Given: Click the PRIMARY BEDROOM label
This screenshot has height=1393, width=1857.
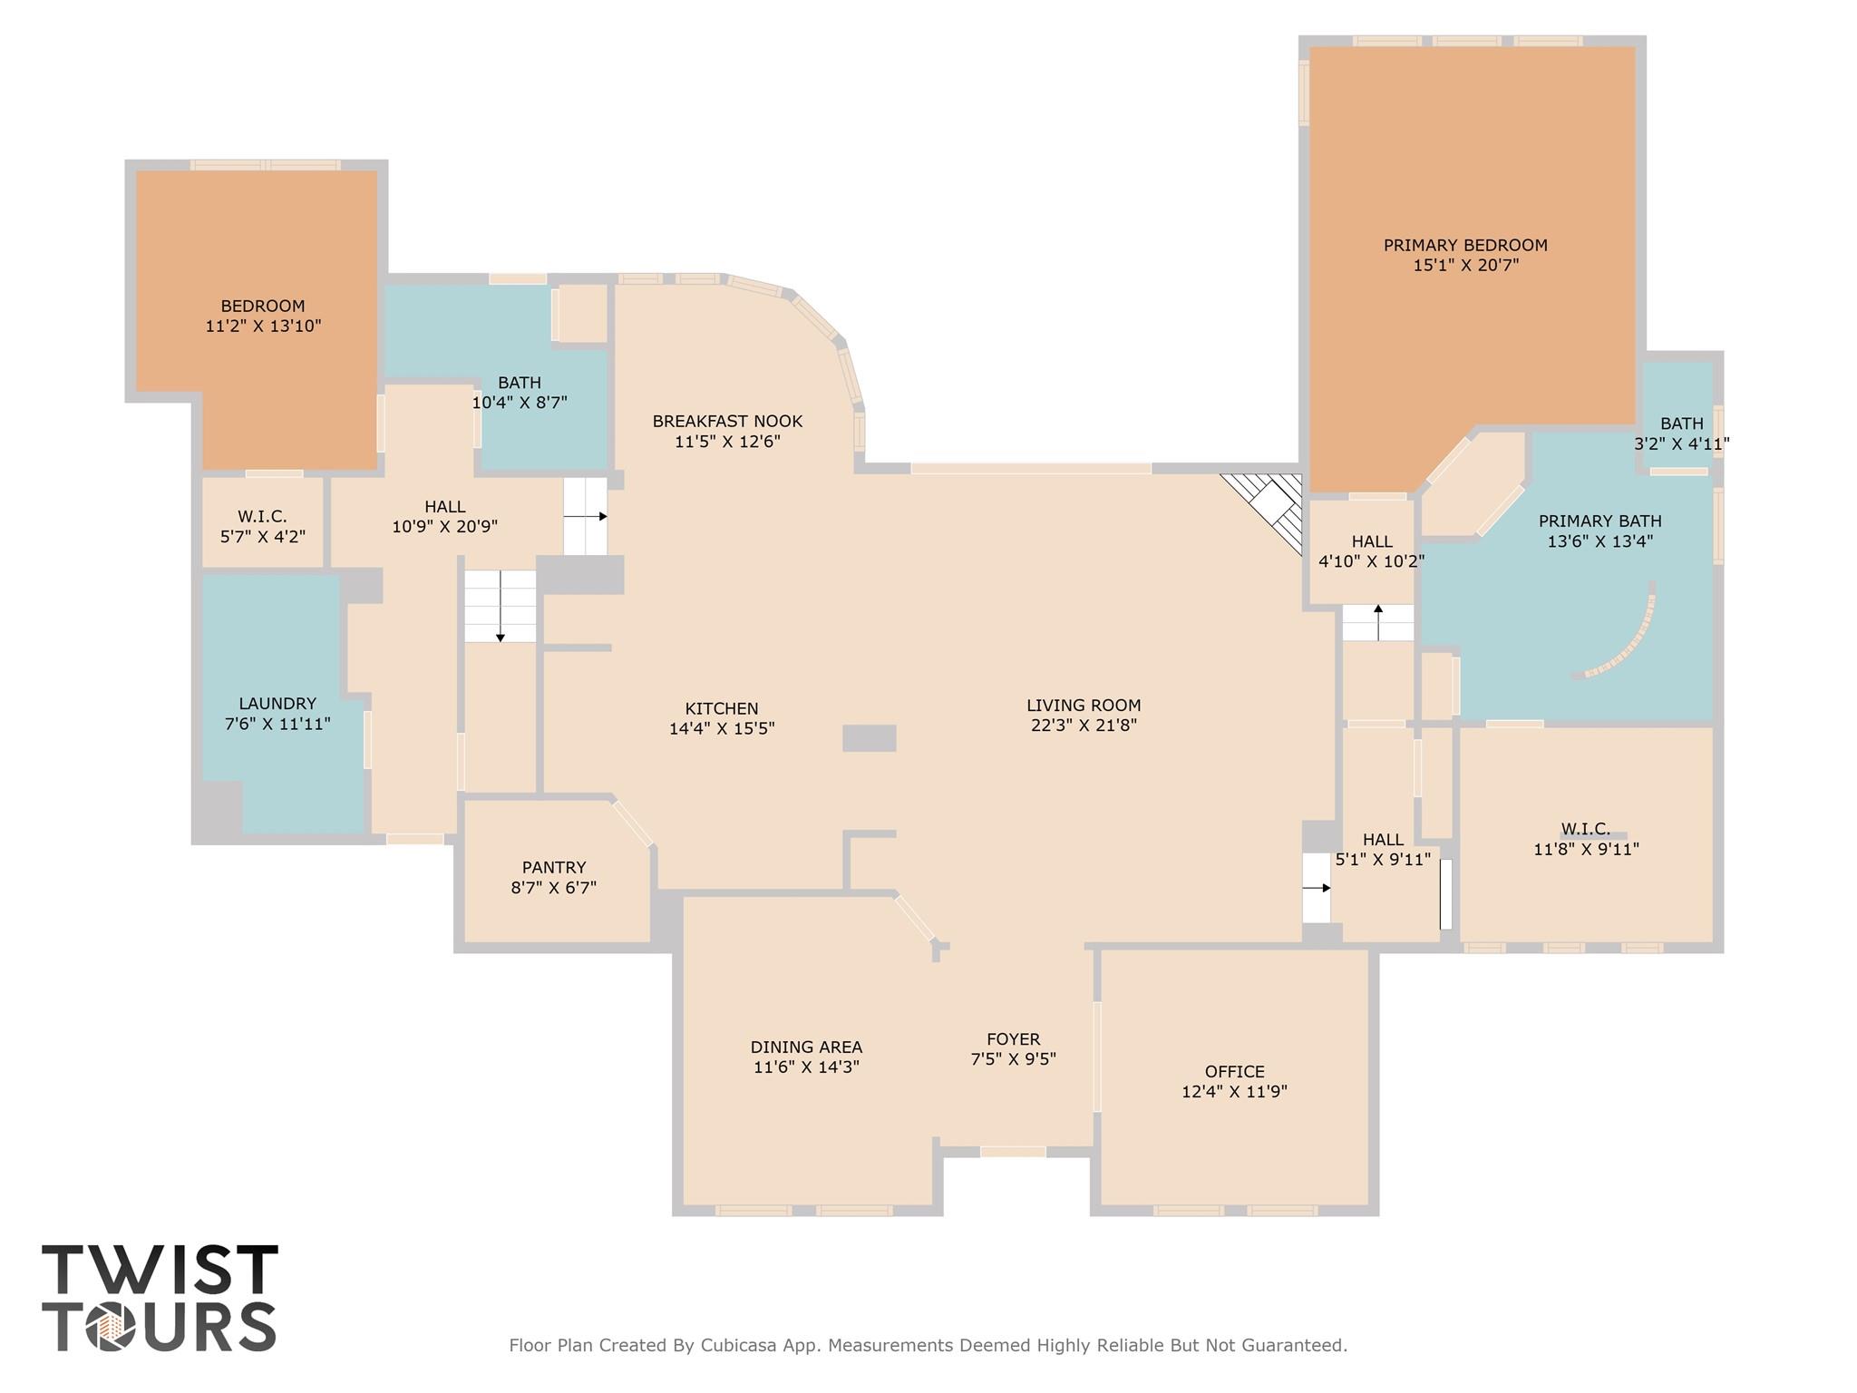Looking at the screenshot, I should click(x=1464, y=245).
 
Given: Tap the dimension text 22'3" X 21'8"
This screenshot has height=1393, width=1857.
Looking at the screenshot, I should click(x=1084, y=726).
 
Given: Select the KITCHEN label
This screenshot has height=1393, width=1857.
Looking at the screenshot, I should click(x=722, y=708).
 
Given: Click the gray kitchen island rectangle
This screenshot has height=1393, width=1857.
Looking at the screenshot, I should click(x=870, y=737).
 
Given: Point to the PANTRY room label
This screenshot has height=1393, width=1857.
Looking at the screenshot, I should click(x=554, y=868).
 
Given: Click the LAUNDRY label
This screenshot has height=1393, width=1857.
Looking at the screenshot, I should click(x=277, y=704).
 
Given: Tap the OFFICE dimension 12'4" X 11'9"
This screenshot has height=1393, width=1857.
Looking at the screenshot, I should click(x=1234, y=1092).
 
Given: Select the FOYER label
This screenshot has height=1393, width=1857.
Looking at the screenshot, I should click(x=1013, y=1039).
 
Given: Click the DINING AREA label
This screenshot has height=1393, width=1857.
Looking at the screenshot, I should click(x=806, y=1047).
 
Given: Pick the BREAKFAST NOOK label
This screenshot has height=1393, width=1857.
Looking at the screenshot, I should click(x=727, y=421).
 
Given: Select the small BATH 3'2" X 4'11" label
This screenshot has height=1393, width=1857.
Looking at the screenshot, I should click(x=1681, y=424).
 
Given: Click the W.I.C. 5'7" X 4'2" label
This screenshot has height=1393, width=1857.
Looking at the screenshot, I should click(x=262, y=517).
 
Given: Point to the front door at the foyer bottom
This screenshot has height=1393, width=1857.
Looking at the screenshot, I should click(x=1013, y=1152).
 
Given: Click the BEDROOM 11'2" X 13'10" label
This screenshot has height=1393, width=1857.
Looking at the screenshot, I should click(x=263, y=306).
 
